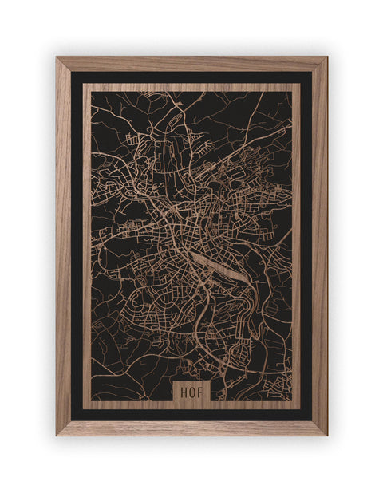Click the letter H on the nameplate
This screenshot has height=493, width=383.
[x=184, y=392]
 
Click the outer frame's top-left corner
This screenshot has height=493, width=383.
[x=57, y=57]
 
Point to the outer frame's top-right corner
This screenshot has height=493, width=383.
[x=326, y=57]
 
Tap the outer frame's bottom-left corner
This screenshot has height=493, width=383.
[x=57, y=435]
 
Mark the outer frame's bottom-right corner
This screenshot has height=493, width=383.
[x=326, y=435]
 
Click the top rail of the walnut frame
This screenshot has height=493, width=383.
[x=191, y=64]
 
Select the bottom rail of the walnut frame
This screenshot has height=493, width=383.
[x=191, y=428]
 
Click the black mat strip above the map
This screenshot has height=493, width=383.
[x=191, y=77]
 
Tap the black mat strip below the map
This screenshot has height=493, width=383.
[x=191, y=415]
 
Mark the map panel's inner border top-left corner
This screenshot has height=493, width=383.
[x=84, y=84]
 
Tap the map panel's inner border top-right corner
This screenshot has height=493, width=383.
[x=300, y=84]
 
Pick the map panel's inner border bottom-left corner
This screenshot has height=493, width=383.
[x=84, y=408]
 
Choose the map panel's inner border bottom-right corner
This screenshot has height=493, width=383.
[x=300, y=408]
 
